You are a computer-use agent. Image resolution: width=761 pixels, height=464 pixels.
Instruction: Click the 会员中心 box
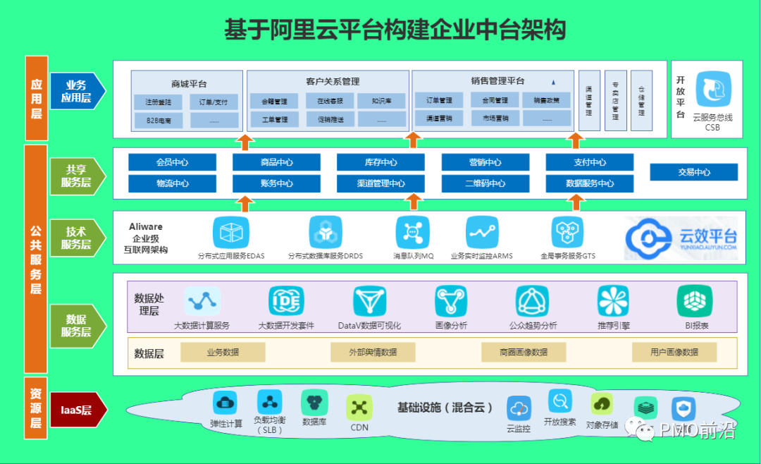pyautogui.click(x=172, y=162)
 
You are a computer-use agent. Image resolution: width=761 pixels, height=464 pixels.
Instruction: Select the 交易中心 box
pyautogui.click(x=693, y=172)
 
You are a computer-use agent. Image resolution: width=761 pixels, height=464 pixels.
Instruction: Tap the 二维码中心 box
pyautogui.click(x=485, y=184)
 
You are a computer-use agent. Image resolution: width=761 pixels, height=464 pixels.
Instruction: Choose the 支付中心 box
pyautogui.click(x=589, y=162)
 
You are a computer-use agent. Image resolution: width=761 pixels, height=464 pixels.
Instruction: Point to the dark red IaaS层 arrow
pyautogui.click(x=78, y=410)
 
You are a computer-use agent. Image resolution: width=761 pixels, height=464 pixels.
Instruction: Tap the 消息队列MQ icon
pyautogui.click(x=412, y=233)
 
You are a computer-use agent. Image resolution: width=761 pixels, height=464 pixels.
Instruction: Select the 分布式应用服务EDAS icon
pyautogui.click(x=231, y=233)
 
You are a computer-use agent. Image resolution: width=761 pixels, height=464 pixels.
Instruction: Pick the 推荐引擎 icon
pyautogui.click(x=612, y=301)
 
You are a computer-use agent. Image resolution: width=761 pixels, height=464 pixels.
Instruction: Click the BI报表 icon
pyautogui.click(x=694, y=301)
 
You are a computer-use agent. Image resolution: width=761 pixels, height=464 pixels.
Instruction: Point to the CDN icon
pyautogui.click(x=359, y=407)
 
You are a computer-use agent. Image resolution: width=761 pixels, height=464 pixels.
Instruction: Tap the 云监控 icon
pyautogui.click(x=519, y=408)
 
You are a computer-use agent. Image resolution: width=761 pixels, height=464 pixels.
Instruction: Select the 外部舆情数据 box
pyautogui.click(x=373, y=352)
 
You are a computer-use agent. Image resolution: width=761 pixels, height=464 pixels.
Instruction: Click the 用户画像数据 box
pyautogui.click(x=674, y=352)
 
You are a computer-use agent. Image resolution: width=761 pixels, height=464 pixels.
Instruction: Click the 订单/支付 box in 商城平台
pyautogui.click(x=214, y=102)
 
